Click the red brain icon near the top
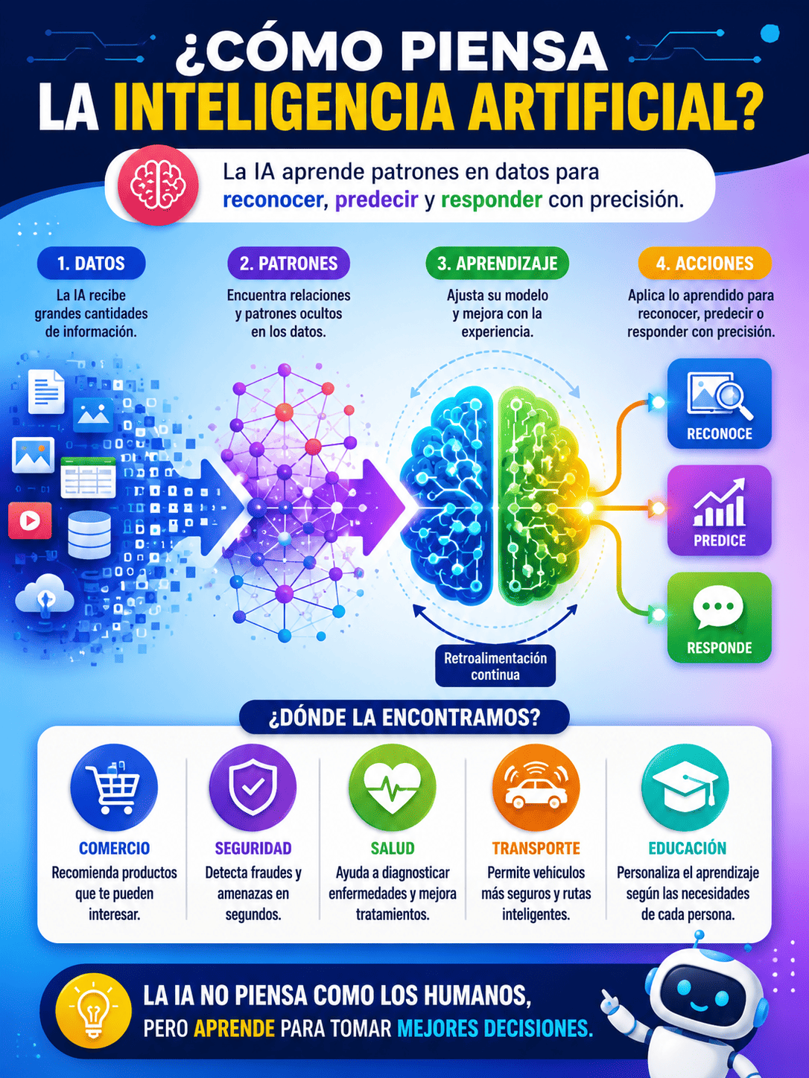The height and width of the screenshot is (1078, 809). (159, 185)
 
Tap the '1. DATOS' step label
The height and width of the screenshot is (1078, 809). (92, 264)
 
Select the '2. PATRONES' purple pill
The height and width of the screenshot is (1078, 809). (289, 264)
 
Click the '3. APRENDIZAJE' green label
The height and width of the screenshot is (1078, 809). (497, 264)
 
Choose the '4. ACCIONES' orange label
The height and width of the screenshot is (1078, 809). (705, 264)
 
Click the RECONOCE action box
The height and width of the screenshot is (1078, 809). (719, 404)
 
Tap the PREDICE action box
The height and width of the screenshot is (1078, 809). (719, 510)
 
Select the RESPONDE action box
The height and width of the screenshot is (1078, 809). (719, 617)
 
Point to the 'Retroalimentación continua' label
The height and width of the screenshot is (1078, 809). (495, 666)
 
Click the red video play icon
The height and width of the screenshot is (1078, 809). (30, 520)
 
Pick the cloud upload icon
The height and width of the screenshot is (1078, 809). (45, 596)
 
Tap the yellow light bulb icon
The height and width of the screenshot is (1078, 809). (93, 1012)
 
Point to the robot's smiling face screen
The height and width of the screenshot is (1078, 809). (700, 995)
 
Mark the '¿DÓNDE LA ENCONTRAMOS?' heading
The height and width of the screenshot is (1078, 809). (404, 717)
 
